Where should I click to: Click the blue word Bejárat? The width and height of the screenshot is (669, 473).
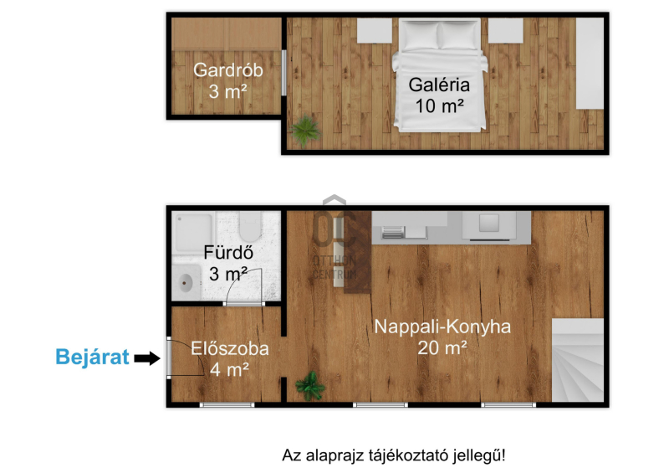(x=92, y=357)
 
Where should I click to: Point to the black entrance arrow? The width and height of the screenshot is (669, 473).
(x=147, y=358)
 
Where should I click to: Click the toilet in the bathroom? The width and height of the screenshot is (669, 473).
(x=250, y=227)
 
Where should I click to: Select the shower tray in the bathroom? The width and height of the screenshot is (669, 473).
(x=193, y=233)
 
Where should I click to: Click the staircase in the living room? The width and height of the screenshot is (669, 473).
(x=578, y=360)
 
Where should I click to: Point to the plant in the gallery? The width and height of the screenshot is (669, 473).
(x=305, y=130)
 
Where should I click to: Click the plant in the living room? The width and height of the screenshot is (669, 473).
(x=310, y=386)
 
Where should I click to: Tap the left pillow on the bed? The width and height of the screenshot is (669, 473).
(x=421, y=35)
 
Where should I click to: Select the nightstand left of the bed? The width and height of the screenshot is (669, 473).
(x=375, y=30)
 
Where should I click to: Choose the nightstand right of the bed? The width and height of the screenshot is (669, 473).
(x=506, y=30)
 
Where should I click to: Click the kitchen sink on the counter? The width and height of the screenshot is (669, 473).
(x=489, y=224)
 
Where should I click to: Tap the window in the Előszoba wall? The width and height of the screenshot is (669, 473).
(x=227, y=404)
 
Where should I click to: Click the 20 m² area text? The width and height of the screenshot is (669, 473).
(x=442, y=347)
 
